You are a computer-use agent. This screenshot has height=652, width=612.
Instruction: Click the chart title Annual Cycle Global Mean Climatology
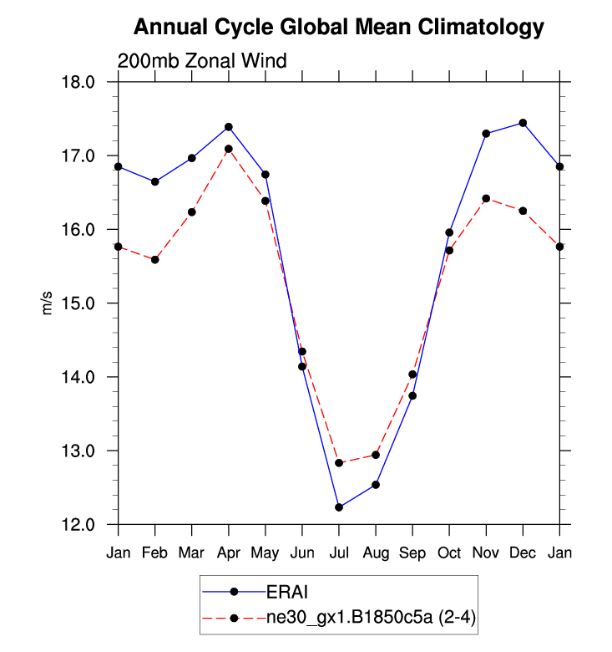coord(339,28)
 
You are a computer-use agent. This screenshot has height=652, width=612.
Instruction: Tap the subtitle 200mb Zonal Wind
coord(202,61)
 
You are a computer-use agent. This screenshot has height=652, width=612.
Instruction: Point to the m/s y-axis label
coord(48,303)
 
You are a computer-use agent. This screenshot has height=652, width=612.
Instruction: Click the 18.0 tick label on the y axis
coord(87,82)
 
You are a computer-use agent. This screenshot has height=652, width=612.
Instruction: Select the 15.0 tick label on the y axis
coord(87,303)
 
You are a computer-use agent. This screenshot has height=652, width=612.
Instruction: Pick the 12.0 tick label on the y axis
coord(87,525)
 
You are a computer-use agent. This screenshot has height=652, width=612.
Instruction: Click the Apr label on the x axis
coord(229,553)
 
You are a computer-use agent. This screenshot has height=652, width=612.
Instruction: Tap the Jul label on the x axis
coord(339,553)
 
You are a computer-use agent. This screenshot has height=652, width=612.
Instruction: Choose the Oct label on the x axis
coord(449,553)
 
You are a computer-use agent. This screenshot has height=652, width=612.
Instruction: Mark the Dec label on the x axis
coord(523,553)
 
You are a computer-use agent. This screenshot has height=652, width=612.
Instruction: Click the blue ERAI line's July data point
coord(339,507)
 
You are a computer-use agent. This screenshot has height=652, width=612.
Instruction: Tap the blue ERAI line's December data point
coord(523,123)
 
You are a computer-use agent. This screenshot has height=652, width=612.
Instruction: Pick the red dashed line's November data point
coord(486,199)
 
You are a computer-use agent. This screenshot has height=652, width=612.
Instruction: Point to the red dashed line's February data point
coord(155,260)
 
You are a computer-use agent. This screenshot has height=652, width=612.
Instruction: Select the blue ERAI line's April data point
coord(229,127)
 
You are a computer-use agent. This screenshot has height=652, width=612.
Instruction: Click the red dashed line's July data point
coord(339,463)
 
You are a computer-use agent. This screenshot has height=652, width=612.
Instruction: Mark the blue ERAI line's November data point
coord(486,134)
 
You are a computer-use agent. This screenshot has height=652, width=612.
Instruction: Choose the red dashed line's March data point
coord(192,212)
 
